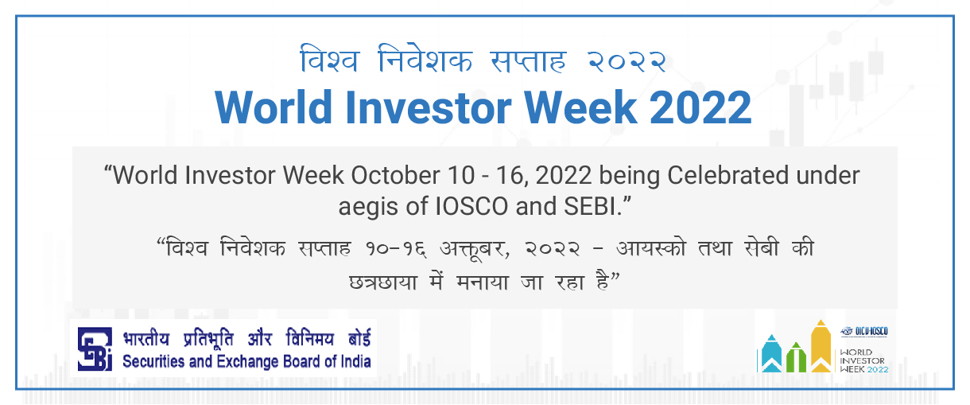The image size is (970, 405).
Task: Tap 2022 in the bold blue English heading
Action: pos(700,107)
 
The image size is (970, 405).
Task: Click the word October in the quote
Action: pos(396,175)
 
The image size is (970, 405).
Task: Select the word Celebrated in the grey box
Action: pos(728,175)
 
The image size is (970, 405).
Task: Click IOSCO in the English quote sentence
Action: pos(471,206)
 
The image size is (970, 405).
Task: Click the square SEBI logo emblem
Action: pos(95,349)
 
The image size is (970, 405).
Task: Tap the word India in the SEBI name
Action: pos(356,361)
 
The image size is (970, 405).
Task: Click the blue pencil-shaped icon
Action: pos(772,353)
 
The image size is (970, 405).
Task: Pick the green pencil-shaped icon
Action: pos(796,357)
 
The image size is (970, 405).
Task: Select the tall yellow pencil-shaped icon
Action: pos(821,346)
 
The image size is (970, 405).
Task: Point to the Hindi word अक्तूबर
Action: pos(475,248)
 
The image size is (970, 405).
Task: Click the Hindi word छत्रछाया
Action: pos(383,282)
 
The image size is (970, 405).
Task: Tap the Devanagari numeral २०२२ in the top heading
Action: pos(627,62)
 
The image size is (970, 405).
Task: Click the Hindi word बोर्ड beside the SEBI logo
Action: pos(359,338)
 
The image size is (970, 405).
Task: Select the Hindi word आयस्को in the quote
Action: pos(651,248)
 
